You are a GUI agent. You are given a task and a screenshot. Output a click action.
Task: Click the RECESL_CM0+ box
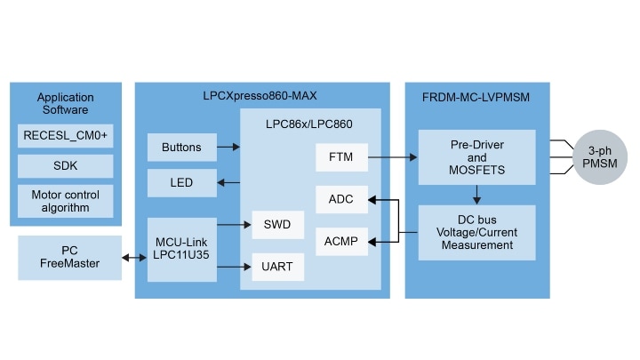point(66,136)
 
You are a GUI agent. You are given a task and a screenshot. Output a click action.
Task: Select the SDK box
point(66,166)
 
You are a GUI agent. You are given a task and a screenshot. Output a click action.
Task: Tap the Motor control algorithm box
point(66,201)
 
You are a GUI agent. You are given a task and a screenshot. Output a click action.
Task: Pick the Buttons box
point(182,148)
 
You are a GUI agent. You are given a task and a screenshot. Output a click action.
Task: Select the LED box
point(182,183)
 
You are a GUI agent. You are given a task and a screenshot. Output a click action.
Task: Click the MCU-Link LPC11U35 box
point(182,249)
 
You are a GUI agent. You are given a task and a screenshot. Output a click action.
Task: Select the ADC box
point(340,200)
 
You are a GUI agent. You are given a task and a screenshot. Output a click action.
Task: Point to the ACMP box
point(340,240)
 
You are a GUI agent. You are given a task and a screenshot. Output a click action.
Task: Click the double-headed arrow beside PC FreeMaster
point(134,258)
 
